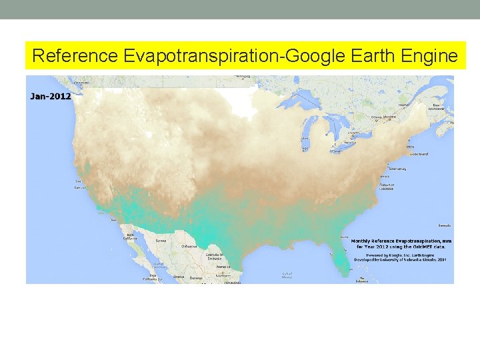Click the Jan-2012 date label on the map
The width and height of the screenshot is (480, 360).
51,96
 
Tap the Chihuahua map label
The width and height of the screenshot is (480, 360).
189,246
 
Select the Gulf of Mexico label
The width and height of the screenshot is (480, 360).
287,274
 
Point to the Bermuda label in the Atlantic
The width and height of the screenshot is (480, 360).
445,226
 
